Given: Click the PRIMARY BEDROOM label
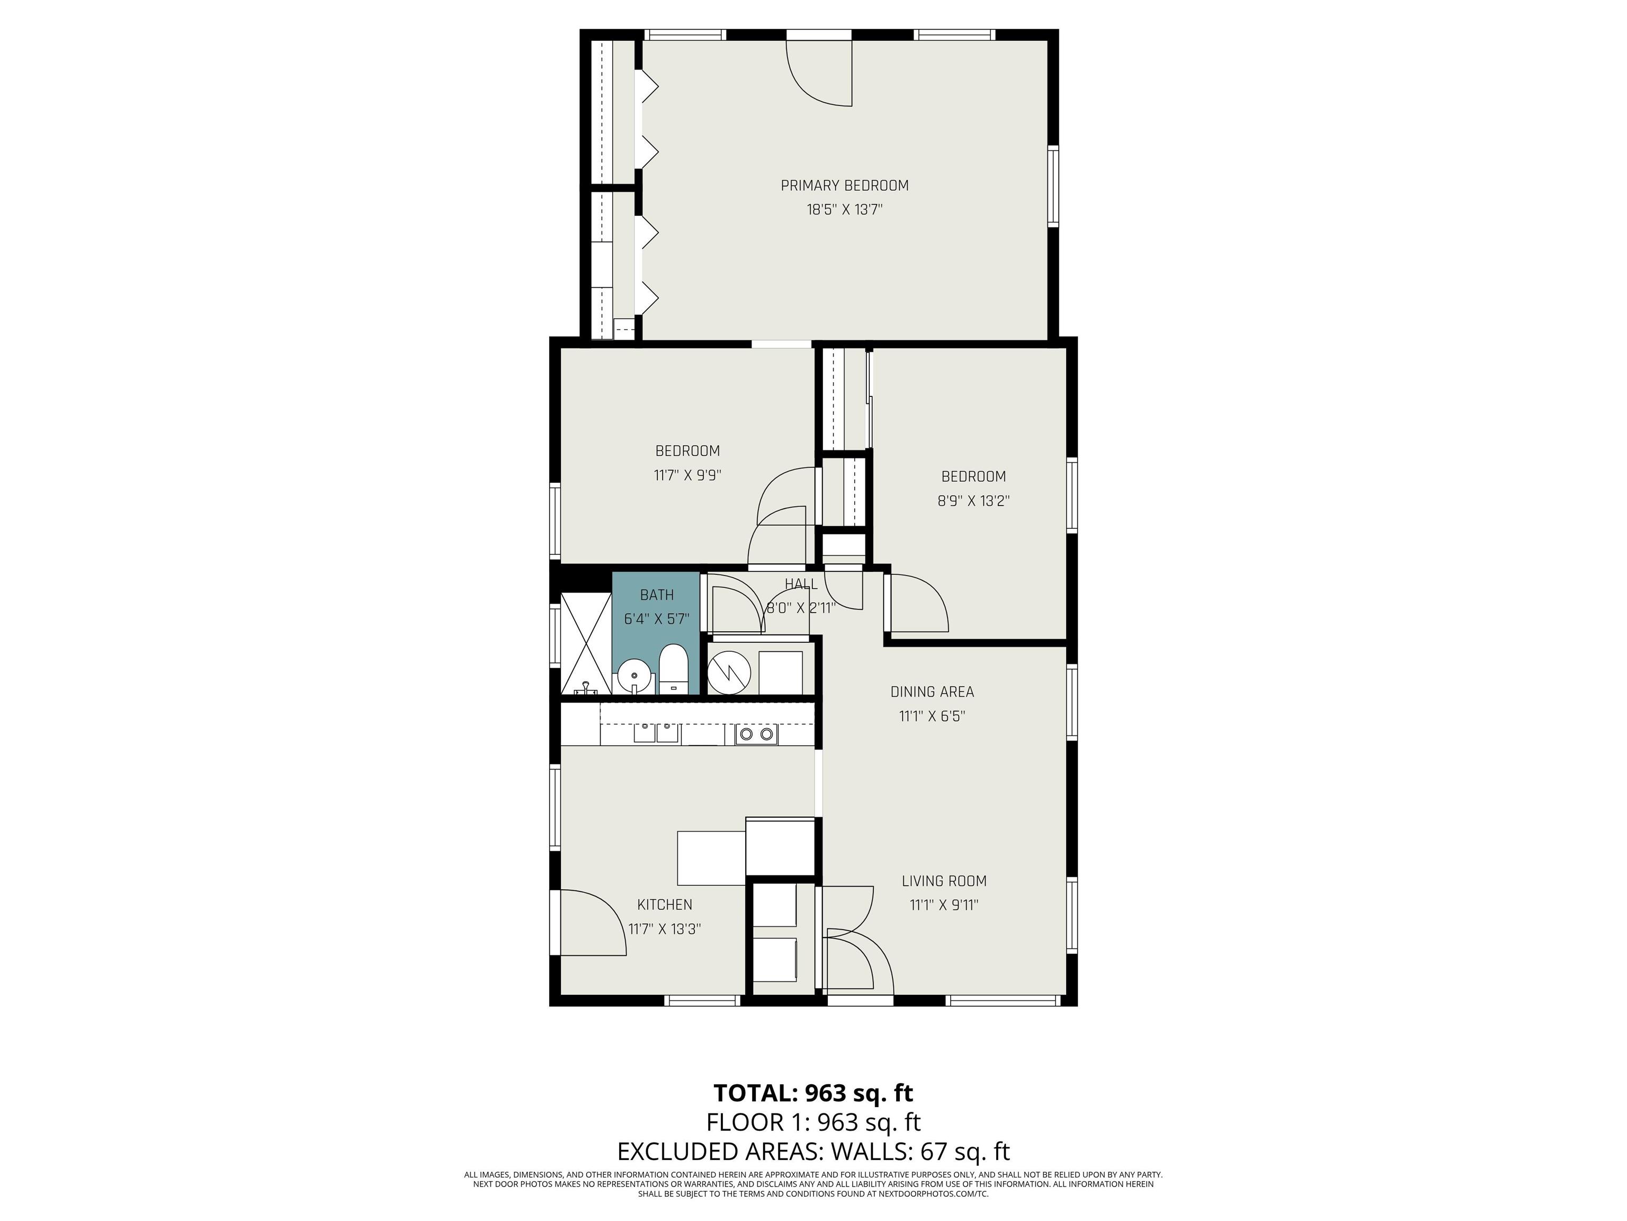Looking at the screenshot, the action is [844, 185].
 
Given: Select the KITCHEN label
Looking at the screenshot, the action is [664, 905].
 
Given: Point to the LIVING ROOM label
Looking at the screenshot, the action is [944, 881].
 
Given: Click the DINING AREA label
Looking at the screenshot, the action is [932, 692].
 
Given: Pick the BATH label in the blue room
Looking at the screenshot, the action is [657, 595].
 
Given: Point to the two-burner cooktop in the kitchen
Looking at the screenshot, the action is [756, 734].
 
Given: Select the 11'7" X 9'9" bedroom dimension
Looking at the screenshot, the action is [687, 475].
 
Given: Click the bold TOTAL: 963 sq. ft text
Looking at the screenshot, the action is [813, 1093].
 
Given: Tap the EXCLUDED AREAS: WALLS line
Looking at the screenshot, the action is [813, 1151].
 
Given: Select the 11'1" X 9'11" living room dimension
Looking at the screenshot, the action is [944, 905].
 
